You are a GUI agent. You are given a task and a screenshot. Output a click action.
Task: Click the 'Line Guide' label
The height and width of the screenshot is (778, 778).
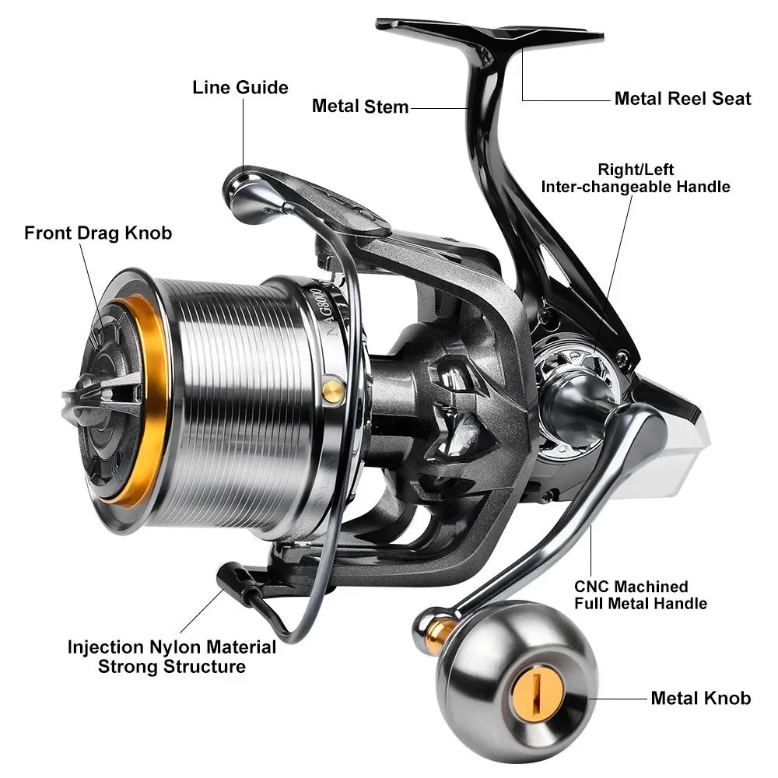(x=240, y=87)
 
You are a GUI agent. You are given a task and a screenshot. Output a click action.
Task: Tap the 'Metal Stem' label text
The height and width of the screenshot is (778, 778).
(x=359, y=107)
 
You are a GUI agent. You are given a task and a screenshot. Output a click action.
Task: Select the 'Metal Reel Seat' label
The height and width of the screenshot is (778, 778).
(x=682, y=99)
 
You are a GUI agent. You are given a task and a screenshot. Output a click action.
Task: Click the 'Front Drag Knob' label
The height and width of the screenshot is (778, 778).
(x=98, y=233)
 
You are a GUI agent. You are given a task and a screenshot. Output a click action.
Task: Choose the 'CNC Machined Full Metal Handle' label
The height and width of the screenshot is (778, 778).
(x=640, y=594)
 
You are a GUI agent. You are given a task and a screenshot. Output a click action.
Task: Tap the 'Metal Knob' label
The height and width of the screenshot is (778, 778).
(x=700, y=698)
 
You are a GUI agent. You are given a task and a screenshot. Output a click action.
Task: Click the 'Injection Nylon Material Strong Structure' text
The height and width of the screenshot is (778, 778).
(x=172, y=657)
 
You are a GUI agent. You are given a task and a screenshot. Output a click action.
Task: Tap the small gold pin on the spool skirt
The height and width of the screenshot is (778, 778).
(x=333, y=390)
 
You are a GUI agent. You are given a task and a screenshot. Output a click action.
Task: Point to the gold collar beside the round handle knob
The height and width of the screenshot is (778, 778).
(x=440, y=632)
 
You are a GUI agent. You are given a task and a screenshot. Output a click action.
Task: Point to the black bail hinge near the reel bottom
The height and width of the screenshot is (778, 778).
(x=237, y=582)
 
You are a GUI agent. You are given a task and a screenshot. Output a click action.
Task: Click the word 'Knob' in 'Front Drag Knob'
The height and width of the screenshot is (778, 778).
(x=151, y=233)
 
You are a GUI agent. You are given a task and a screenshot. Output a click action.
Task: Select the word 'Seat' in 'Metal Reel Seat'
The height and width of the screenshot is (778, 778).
(x=731, y=99)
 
